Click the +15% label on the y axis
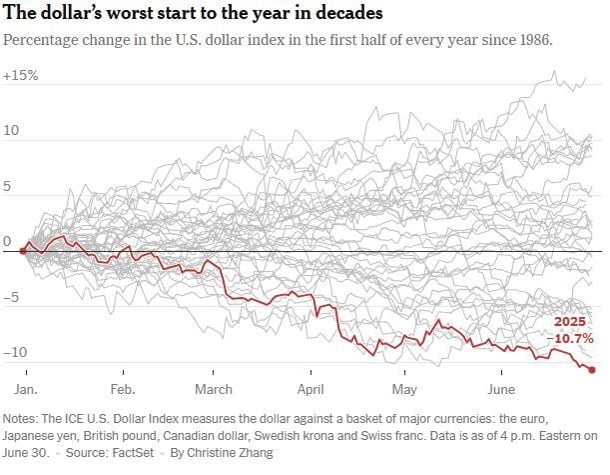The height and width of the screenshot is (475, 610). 20,77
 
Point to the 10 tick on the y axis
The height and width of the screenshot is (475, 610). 11,132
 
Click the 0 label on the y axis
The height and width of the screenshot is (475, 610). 8,242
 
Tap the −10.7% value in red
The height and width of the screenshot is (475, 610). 566,339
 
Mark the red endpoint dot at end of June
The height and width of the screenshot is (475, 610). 593,370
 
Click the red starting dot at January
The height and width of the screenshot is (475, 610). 23,251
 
